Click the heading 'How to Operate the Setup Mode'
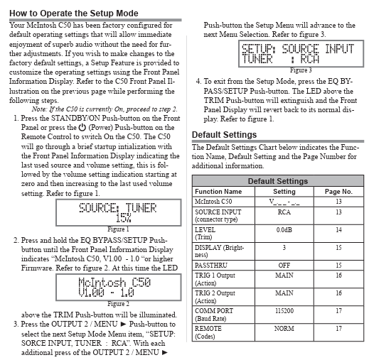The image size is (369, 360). click(x=74, y=13)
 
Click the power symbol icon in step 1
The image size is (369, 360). click(x=82, y=127)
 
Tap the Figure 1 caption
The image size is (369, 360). click(x=118, y=229)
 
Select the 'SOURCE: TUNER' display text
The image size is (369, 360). click(x=118, y=208)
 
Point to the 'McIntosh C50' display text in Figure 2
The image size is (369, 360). click(x=114, y=283)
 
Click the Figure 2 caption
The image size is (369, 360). click(x=118, y=304)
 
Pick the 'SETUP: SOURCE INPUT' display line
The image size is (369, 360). click(x=298, y=49)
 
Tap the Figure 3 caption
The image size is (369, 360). click(x=301, y=70)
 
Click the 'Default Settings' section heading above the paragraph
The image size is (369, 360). click(x=224, y=135)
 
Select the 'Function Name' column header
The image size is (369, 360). click(x=218, y=191)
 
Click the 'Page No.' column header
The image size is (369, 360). click(x=338, y=192)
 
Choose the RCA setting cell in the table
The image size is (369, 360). click(x=284, y=212)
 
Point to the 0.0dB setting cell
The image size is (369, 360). click(x=284, y=229)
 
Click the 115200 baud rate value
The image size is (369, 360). click(x=284, y=310)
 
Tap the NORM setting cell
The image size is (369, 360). click(x=284, y=329)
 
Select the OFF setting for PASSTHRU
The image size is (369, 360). click(x=284, y=266)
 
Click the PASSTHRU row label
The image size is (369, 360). click(x=211, y=266)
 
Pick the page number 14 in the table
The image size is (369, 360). click(x=338, y=229)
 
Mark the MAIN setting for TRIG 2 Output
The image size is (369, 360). click(x=284, y=293)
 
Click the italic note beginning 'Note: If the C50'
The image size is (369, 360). click(x=105, y=109)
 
